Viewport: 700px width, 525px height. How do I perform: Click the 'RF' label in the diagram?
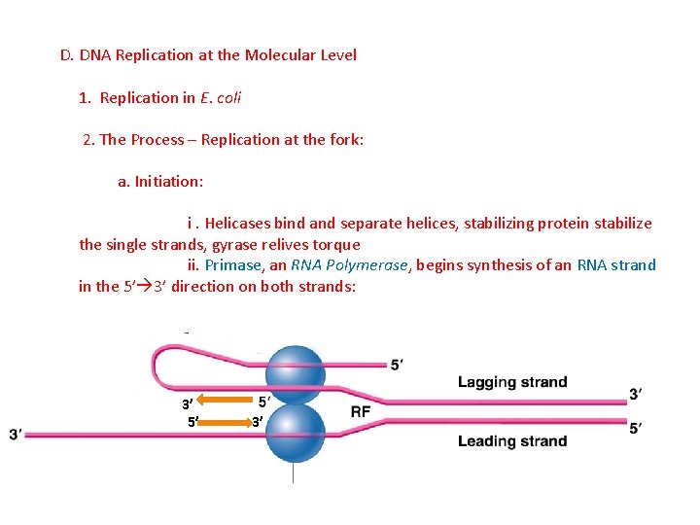(x=360, y=412)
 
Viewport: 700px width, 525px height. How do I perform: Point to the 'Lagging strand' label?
(x=512, y=382)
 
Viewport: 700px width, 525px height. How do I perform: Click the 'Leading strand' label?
(x=512, y=441)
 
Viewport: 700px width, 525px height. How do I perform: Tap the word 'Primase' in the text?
(x=234, y=264)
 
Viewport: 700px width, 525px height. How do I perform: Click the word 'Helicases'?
(x=238, y=224)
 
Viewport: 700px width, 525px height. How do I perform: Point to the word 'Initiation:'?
(x=168, y=182)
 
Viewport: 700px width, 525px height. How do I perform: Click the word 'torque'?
(x=336, y=244)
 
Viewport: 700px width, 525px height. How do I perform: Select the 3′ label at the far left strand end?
(x=16, y=435)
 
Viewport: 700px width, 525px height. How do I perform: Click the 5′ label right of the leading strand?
(x=635, y=428)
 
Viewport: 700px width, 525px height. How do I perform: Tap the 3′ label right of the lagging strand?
(x=635, y=394)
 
